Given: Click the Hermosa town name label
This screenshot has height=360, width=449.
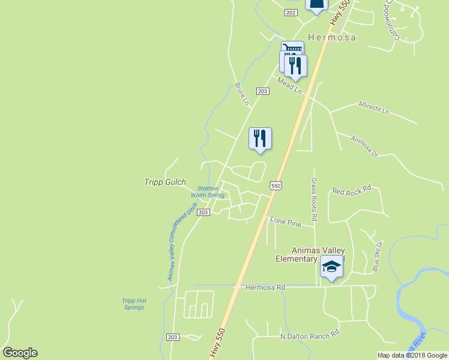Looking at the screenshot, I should [331, 37].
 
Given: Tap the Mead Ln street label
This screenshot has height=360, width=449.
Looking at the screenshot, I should [289, 85].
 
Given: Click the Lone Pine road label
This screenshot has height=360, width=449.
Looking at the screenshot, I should [285, 221].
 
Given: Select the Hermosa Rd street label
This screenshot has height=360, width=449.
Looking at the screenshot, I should [265, 287].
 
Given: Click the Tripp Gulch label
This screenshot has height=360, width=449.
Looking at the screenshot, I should [165, 182].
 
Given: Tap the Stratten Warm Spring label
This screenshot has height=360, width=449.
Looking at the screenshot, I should [208, 192].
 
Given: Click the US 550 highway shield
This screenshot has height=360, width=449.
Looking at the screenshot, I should [276, 186].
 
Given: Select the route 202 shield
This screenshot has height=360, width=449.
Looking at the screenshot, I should [291, 13].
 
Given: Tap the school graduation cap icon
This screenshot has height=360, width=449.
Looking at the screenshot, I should [331, 266].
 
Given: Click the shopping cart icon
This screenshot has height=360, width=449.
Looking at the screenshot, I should [292, 48].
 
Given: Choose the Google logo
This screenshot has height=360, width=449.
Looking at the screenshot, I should [20, 353].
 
